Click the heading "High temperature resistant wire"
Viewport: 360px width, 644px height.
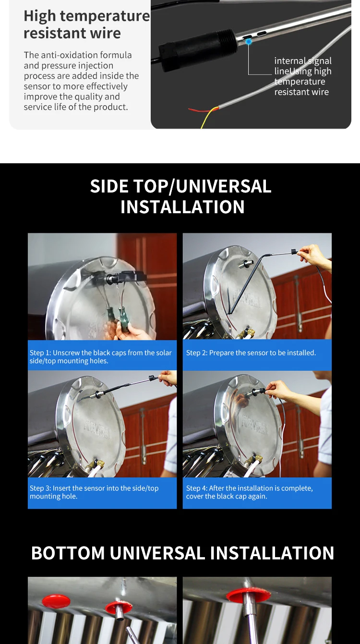(x=86, y=24)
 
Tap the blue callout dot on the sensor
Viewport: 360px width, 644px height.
(x=249, y=42)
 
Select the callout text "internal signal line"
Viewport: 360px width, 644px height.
(x=302, y=66)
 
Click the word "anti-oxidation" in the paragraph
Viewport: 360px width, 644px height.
(x=63, y=55)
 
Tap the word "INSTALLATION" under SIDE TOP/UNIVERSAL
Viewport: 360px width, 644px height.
(x=182, y=207)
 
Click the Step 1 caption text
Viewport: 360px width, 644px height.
(x=100, y=356)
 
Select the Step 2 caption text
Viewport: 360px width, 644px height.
(x=251, y=353)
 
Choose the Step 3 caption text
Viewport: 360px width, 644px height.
(x=94, y=492)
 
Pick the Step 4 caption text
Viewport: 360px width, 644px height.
(x=249, y=492)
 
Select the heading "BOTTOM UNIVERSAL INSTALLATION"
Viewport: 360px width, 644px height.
(x=182, y=553)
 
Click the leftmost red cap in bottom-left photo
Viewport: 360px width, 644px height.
(x=56, y=600)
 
